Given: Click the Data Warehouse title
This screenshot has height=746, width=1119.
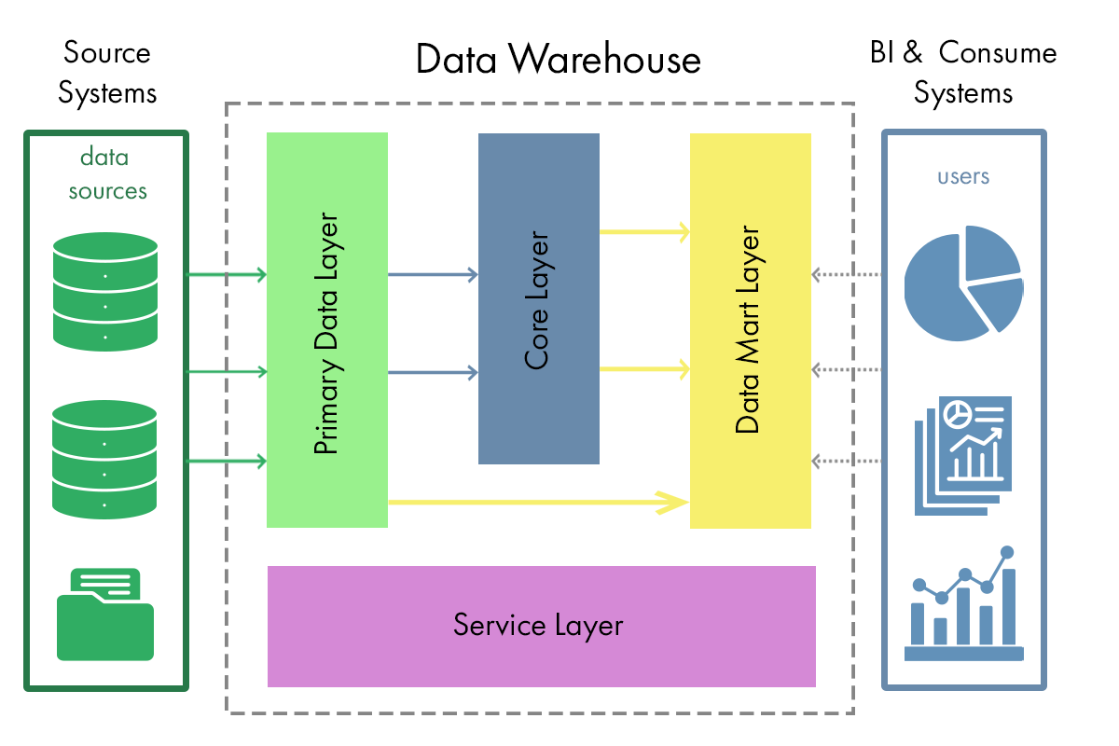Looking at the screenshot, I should click(x=558, y=60).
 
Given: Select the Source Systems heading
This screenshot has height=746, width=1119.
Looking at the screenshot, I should click(x=106, y=73).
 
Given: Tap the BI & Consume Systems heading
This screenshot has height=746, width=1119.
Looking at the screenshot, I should click(x=963, y=73).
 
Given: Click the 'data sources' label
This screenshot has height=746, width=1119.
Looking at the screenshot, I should click(x=106, y=173).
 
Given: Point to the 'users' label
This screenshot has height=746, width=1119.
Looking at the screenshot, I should click(x=963, y=176).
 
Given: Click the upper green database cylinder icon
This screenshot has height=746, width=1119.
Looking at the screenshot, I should click(x=105, y=290).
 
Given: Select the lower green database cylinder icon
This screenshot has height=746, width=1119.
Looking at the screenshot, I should click(x=105, y=459).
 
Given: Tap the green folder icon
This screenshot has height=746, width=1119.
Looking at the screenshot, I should click(x=105, y=615).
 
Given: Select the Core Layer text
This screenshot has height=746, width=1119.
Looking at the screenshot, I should click(x=538, y=298).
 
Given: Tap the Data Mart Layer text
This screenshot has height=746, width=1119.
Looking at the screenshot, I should click(x=749, y=330).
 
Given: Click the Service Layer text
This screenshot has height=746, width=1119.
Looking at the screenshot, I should click(x=538, y=624).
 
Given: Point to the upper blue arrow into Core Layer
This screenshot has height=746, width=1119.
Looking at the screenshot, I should click(x=433, y=274).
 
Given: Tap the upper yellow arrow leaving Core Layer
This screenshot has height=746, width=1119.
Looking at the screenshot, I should click(x=644, y=231).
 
